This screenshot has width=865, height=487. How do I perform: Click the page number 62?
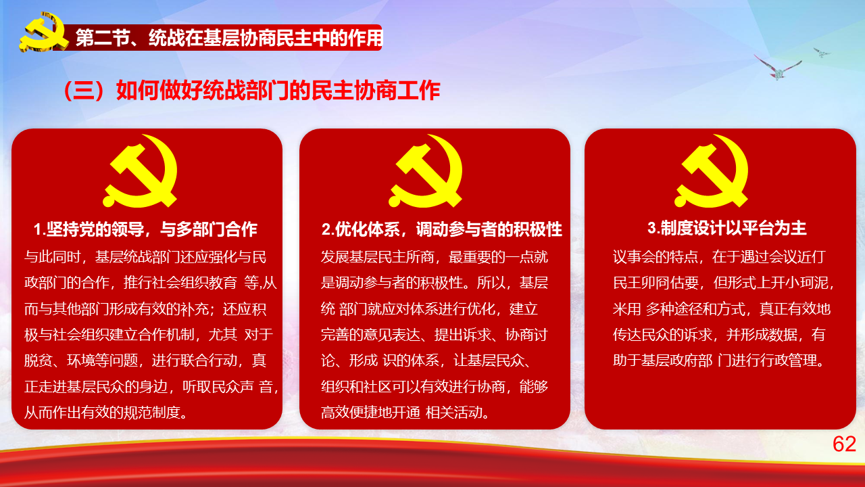[x=844, y=444]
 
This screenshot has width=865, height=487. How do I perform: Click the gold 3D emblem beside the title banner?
[x=43, y=32]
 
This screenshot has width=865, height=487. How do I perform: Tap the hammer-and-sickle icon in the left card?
[x=141, y=171]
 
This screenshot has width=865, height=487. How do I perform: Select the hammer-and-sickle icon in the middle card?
[x=426, y=171]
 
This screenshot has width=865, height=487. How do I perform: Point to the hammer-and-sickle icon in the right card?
[x=712, y=171]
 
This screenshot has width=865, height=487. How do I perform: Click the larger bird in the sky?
[x=778, y=68]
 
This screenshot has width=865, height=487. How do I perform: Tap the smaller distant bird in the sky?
[x=821, y=53]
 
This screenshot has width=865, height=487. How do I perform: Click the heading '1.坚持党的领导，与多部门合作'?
[x=145, y=229]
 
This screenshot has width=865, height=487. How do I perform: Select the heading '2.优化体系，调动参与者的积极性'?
[x=442, y=229]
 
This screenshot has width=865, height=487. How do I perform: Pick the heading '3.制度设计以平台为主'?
[x=726, y=228]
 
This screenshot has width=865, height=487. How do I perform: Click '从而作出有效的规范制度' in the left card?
[x=102, y=413]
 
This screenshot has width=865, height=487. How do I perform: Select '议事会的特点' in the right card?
[x=656, y=256]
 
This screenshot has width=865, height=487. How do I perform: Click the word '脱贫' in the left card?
[x=39, y=361]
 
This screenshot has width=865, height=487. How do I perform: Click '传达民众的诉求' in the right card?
[x=662, y=334]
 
